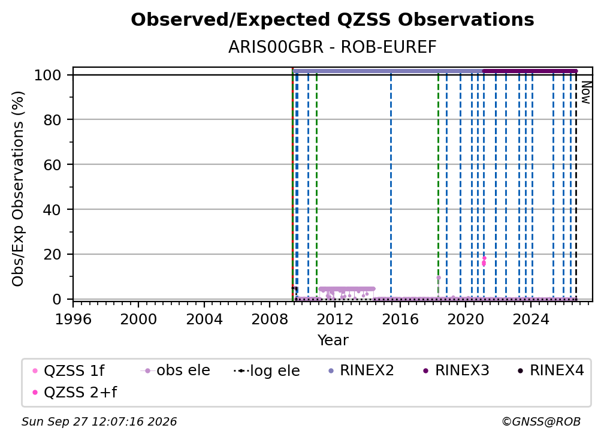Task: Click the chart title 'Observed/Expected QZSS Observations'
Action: [333, 20]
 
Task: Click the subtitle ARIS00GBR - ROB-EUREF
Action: [333, 47]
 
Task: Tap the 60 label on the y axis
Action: [52, 165]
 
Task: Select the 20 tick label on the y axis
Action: [52, 255]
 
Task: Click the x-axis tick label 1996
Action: [73, 320]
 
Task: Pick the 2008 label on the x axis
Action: [269, 320]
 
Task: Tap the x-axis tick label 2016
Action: [400, 320]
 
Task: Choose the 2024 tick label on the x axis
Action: [531, 320]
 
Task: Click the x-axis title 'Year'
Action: [333, 340]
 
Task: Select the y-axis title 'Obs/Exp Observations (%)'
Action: [18, 189]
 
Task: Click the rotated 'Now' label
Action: [585, 92]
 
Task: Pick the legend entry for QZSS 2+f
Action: [75, 392]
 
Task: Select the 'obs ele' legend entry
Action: [175, 370]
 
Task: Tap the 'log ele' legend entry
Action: [267, 370]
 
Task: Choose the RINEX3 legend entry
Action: [456, 370]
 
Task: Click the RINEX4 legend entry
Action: [551, 370]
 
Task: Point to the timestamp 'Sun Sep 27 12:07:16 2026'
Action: [99, 422]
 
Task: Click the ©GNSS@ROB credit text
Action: [541, 422]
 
